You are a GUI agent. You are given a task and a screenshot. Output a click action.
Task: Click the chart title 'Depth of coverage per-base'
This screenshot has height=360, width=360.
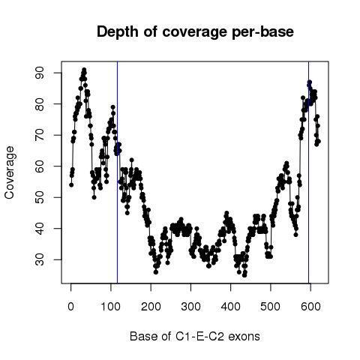click(195, 32)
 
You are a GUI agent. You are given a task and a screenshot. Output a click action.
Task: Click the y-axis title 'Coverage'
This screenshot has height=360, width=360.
click(10, 172)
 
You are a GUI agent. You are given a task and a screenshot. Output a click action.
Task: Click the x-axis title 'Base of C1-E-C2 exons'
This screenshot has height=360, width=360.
click(195, 337)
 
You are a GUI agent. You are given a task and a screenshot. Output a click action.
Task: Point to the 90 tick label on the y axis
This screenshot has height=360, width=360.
click(40, 73)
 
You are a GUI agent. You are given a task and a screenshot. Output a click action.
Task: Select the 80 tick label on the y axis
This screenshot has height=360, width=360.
click(40, 103)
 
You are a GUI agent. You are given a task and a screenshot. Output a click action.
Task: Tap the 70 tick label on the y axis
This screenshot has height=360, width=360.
click(40, 135)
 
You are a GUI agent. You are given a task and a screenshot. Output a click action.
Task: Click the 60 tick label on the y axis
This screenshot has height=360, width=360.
click(40, 166)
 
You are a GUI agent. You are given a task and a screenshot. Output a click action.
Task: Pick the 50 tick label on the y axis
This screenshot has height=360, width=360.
click(40, 197)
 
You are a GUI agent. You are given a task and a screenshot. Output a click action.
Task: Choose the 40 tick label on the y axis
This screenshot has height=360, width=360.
click(40, 229)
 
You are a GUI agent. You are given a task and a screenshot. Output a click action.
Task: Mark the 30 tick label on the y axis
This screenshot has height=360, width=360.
click(40, 259)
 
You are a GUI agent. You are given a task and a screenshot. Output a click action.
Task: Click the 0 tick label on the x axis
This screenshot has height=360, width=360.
click(71, 307)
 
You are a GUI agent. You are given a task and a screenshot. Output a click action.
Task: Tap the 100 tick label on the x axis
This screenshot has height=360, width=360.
click(111, 307)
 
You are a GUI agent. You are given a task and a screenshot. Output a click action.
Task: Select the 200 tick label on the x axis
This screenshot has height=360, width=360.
click(151, 307)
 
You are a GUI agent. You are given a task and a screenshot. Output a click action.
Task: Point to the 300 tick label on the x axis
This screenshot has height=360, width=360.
click(190, 307)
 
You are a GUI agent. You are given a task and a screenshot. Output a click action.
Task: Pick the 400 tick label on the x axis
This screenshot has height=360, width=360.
click(231, 307)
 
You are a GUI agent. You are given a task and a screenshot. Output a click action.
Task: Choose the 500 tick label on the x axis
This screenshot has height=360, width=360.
click(271, 307)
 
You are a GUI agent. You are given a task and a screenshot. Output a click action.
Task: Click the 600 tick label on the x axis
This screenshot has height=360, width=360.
click(310, 307)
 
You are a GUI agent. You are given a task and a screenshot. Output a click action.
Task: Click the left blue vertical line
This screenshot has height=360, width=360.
click(117, 172)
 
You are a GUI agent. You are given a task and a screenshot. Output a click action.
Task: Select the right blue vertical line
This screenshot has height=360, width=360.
click(309, 172)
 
